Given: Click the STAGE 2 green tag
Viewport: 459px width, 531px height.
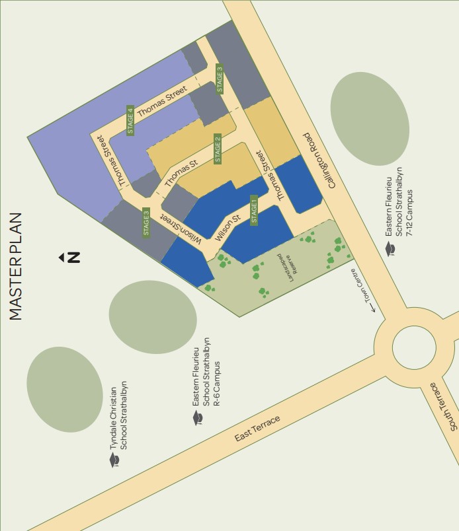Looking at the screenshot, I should pos(218,149).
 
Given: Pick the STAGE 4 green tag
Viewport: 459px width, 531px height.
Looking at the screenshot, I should pos(130,120).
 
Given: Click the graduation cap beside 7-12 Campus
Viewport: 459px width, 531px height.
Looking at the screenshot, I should pos(391,248).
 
